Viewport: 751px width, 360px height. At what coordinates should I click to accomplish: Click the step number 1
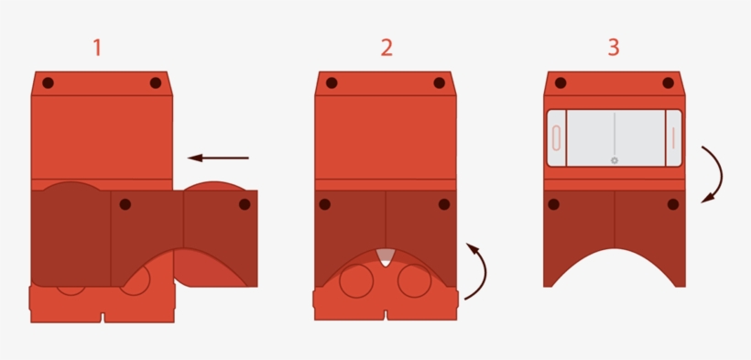coord(97,48)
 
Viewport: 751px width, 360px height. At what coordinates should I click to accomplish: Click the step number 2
coord(386,48)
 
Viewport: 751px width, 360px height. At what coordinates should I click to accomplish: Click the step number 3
coord(614,48)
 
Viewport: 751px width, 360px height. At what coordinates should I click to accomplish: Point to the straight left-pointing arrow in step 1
coord(218,158)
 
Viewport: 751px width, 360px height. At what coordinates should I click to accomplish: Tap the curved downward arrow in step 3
coord(713,173)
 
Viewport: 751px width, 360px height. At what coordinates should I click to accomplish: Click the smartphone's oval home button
coord(555,138)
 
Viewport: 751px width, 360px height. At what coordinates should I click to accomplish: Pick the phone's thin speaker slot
coord(673,137)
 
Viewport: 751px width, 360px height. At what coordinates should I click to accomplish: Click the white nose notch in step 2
coord(386,257)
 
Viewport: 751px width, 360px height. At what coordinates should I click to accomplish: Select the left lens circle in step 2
coord(355,280)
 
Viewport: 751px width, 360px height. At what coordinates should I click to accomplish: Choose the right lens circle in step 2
coord(415,280)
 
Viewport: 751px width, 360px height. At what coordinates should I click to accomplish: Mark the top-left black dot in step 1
coord(48,82)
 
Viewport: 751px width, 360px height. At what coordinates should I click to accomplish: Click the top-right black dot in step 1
coord(156,82)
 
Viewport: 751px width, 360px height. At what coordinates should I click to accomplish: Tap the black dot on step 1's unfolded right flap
coord(245,204)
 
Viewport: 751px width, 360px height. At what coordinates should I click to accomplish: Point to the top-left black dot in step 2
coord(332,82)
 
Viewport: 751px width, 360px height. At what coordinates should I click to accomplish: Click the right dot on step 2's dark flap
coord(444,204)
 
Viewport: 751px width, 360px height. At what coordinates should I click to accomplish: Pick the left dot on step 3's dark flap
coord(554,204)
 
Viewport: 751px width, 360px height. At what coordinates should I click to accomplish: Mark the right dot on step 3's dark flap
coord(673,204)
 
